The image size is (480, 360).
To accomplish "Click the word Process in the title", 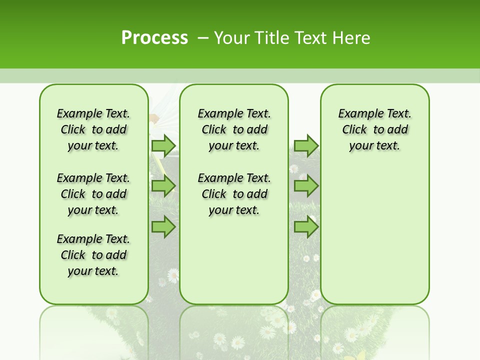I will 154,37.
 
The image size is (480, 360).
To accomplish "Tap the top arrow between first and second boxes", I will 163,145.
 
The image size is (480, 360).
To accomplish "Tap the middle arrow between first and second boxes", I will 163,186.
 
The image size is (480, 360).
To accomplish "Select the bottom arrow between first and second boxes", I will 163,227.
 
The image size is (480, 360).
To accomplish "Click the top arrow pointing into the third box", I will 306,145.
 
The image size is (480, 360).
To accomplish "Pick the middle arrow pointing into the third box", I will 306,186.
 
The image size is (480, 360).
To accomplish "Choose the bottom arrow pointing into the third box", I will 306,227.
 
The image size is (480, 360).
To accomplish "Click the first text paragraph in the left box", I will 93,129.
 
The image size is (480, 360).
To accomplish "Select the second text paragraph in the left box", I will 93,194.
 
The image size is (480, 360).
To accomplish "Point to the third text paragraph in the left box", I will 93,255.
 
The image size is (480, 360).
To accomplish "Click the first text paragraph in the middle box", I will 234,129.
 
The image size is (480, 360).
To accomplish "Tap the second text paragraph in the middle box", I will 234,194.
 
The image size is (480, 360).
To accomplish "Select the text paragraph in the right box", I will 374,129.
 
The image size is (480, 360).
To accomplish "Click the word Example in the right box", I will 357,114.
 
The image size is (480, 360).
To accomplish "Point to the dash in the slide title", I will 203,38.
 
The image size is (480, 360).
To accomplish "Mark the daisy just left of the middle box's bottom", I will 173,274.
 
